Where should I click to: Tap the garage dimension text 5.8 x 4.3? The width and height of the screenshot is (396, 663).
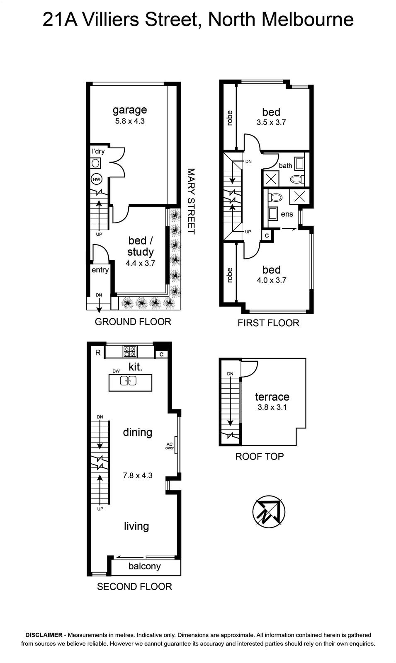(130, 121)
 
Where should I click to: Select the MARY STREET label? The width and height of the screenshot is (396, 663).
(191, 201)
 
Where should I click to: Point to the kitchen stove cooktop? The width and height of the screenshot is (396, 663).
(130, 351)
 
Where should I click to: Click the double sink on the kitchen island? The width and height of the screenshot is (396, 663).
(128, 380)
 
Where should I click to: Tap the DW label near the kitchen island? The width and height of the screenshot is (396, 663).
(116, 371)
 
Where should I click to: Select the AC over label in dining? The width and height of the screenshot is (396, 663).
(170, 446)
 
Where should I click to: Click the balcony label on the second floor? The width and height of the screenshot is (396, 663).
(145, 566)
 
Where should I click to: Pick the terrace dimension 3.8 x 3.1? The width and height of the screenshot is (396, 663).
(272, 407)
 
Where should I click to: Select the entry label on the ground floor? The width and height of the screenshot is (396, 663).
(100, 270)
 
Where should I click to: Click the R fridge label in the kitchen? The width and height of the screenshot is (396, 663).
(98, 353)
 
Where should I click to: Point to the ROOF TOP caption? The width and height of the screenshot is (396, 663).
(260, 456)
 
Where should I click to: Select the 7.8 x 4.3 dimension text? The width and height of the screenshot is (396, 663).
(137, 476)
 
